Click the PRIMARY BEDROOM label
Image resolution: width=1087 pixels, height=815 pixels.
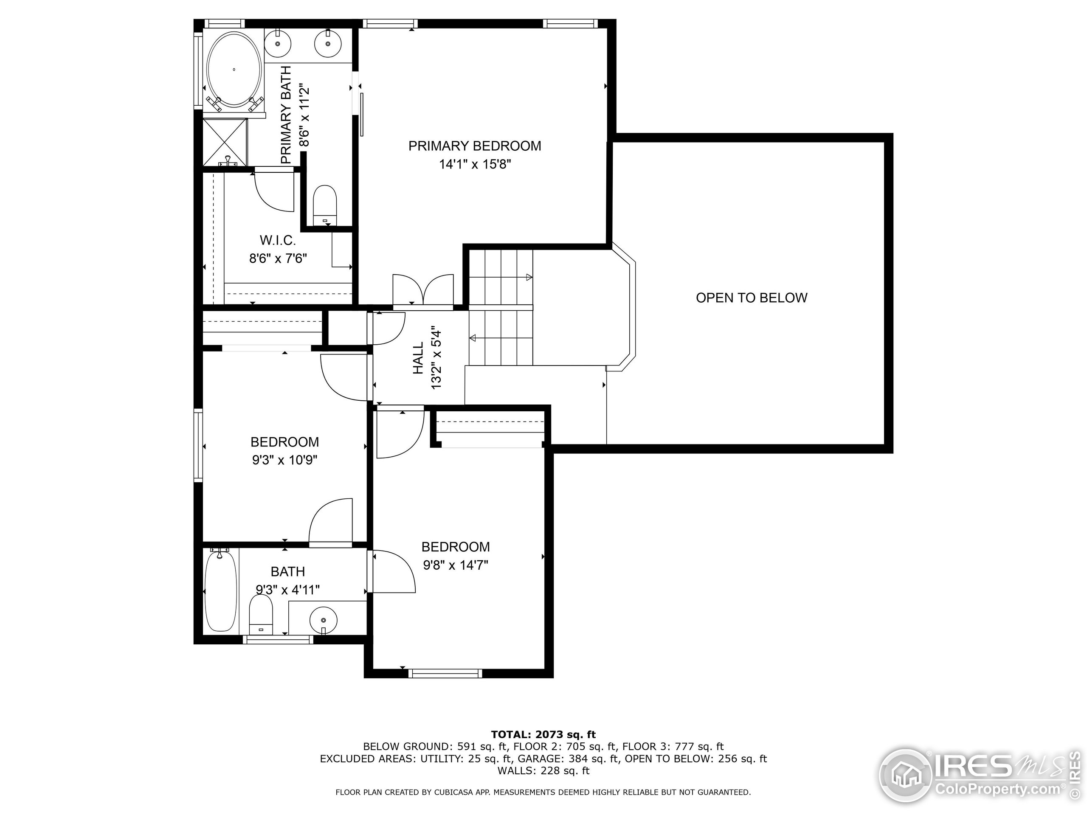point(474,146)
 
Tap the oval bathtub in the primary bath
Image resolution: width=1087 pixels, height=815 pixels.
point(234,70)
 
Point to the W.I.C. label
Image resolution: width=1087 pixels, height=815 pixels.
point(278,240)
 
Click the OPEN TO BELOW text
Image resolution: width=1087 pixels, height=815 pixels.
point(752,298)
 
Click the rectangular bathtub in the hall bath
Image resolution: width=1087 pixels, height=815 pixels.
point(221,592)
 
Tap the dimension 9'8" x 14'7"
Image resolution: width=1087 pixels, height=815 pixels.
point(455,565)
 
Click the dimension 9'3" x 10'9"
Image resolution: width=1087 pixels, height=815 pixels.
point(284,460)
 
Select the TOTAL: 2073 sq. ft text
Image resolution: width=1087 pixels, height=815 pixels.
point(543,734)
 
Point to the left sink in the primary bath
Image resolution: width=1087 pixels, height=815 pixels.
point(278,43)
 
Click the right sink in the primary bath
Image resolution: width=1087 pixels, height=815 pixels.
point(327,43)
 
